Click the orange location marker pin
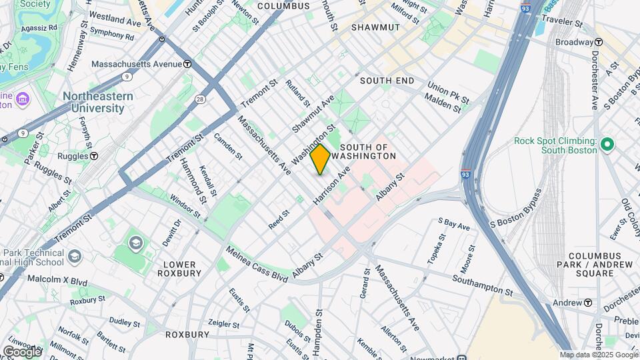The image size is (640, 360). pyautogui.click(x=320, y=159)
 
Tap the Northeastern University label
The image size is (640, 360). pyautogui.click(x=98, y=102)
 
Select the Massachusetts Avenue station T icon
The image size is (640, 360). pyautogui.click(x=188, y=65)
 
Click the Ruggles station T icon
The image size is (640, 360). pyautogui.click(x=94, y=156)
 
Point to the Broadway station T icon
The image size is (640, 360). pyautogui.click(x=599, y=42)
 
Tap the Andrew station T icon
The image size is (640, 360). pyautogui.click(x=588, y=303)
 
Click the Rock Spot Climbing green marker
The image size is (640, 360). pyautogui.click(x=607, y=144)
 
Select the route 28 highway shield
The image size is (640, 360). pyautogui.click(x=199, y=99)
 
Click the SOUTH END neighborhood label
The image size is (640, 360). pyautogui.click(x=387, y=81)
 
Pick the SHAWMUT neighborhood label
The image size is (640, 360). pyautogui.click(x=375, y=27)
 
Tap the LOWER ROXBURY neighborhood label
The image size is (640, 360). pyautogui.click(x=179, y=269)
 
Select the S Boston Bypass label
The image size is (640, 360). pyautogui.click(x=517, y=209)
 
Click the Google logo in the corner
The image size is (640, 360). pyautogui.click(x=23, y=351)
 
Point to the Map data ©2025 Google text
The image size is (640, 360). pyautogui.click(x=598, y=355)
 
